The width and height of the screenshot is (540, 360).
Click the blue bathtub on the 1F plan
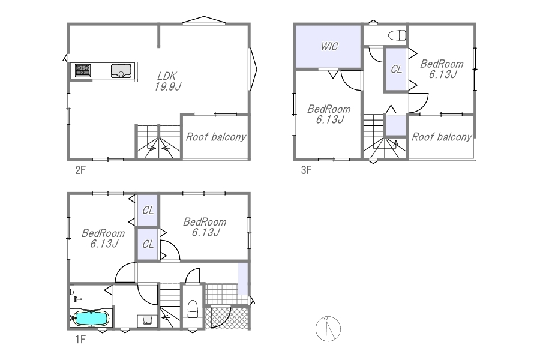(91, 318)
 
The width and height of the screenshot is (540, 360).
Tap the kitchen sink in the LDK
(121, 71)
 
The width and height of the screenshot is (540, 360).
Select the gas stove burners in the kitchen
(83, 71)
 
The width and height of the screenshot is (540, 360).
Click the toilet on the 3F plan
(397, 35)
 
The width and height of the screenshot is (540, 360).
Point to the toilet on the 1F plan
(193, 309)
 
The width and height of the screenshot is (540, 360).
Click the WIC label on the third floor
(329, 47)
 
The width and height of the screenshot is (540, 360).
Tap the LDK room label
(167, 76)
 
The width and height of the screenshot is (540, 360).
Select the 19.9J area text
(168, 86)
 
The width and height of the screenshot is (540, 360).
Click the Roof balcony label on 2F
(216, 137)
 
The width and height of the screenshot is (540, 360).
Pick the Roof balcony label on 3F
(442, 137)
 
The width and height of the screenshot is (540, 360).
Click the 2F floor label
(80, 170)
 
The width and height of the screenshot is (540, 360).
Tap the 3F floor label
(306, 170)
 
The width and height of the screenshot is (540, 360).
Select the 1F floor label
(80, 340)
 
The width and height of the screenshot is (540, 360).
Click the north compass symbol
(328, 329)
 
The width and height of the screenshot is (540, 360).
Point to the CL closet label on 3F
(397, 70)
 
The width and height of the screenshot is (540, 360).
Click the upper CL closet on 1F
(148, 210)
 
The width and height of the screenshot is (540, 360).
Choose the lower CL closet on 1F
(148, 244)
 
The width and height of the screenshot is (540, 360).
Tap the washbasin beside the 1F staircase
(148, 320)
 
